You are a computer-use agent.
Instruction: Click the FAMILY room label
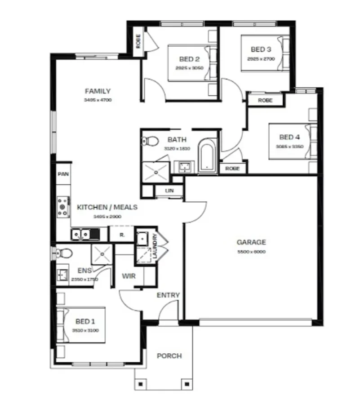[x=98, y=91]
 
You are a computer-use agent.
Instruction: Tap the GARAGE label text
[x=251, y=242]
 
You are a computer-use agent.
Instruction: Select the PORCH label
[x=169, y=356]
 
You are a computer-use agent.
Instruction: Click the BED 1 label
[x=85, y=322]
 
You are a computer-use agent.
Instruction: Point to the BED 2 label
[x=189, y=59]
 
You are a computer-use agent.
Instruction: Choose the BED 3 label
[x=261, y=49]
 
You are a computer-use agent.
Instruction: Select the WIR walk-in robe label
[x=129, y=276]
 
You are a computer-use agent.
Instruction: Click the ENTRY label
[x=168, y=295]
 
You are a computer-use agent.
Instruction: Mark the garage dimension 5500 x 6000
[x=251, y=252]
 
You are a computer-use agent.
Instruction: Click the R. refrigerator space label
[x=122, y=235]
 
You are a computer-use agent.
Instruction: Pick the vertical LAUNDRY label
[x=154, y=247]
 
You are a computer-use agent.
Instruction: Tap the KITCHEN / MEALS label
[x=107, y=208]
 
